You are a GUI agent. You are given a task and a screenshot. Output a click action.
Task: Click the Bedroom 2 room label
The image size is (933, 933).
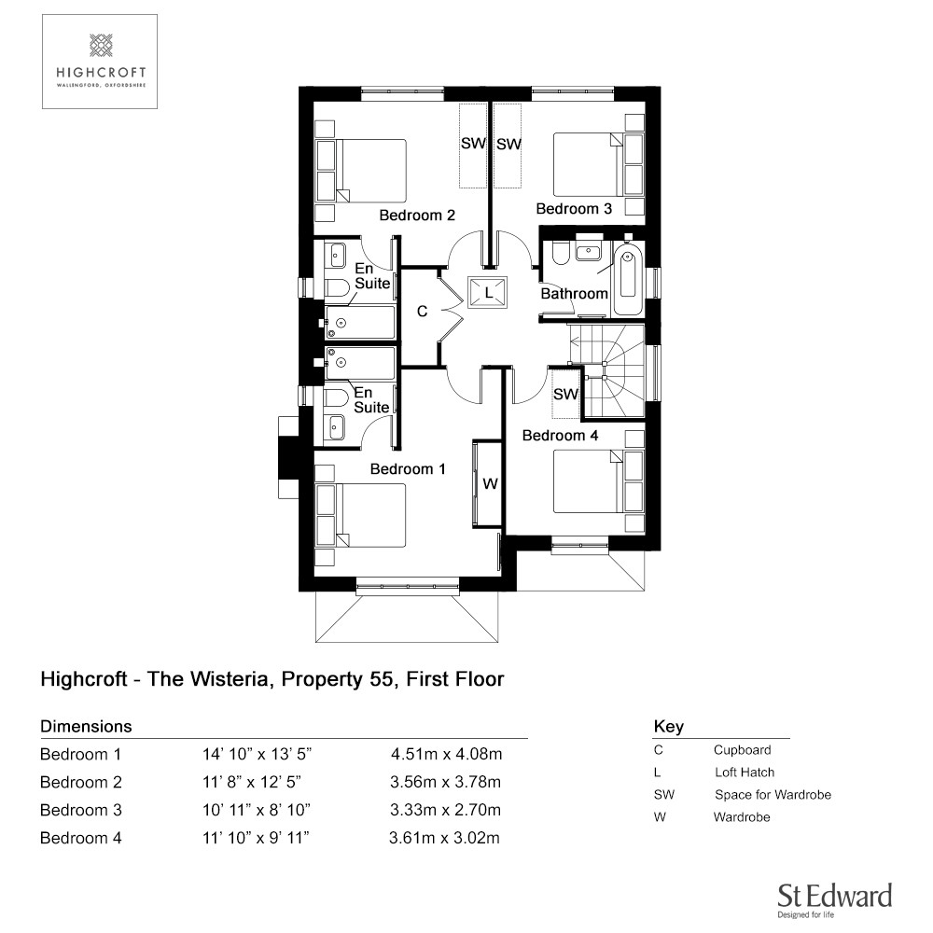[x=417, y=215]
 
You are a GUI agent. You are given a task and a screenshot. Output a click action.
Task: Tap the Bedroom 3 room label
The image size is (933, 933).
[x=574, y=208]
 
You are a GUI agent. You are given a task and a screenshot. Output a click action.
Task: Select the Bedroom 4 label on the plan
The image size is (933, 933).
[x=560, y=435]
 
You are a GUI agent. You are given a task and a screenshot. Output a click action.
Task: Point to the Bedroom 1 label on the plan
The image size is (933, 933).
[x=408, y=469]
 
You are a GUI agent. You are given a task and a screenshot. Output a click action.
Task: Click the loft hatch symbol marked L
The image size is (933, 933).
[x=488, y=293]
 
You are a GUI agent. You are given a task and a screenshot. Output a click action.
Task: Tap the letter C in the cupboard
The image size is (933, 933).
[x=422, y=312]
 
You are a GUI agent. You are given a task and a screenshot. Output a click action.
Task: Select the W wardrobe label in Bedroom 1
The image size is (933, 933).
[x=490, y=483]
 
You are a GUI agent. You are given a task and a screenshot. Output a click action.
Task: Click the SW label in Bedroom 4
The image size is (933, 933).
[x=565, y=394]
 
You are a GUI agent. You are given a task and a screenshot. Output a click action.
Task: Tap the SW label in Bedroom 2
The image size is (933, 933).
[x=474, y=144]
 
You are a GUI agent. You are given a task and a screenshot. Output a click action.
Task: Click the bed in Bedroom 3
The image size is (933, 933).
[x=599, y=163]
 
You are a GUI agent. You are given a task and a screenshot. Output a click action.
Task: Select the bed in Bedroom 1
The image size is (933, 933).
[x=360, y=515]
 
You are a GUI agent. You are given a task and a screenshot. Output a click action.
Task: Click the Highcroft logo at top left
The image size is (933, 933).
[x=100, y=62]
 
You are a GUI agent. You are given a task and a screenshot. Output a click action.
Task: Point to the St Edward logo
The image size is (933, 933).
[x=834, y=900]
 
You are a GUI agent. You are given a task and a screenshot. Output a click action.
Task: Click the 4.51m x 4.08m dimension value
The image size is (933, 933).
[x=446, y=754]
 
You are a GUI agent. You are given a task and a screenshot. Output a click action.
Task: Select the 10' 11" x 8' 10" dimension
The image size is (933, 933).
[x=257, y=810]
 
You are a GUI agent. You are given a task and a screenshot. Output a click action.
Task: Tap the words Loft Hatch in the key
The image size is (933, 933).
[x=745, y=773]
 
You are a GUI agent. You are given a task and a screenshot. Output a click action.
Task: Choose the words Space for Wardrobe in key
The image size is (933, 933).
[x=773, y=794]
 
